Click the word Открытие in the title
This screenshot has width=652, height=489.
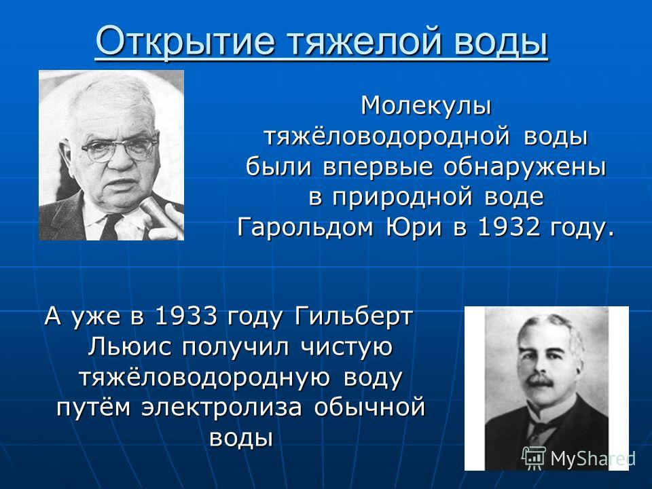(x=185, y=41)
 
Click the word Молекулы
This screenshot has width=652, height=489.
(x=427, y=106)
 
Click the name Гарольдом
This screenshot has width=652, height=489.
(x=305, y=229)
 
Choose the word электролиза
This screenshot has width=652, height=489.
(x=221, y=408)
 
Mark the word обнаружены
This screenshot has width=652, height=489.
(x=524, y=168)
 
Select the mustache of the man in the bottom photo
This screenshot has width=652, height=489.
(x=539, y=380)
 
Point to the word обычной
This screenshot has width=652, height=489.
(x=369, y=408)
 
